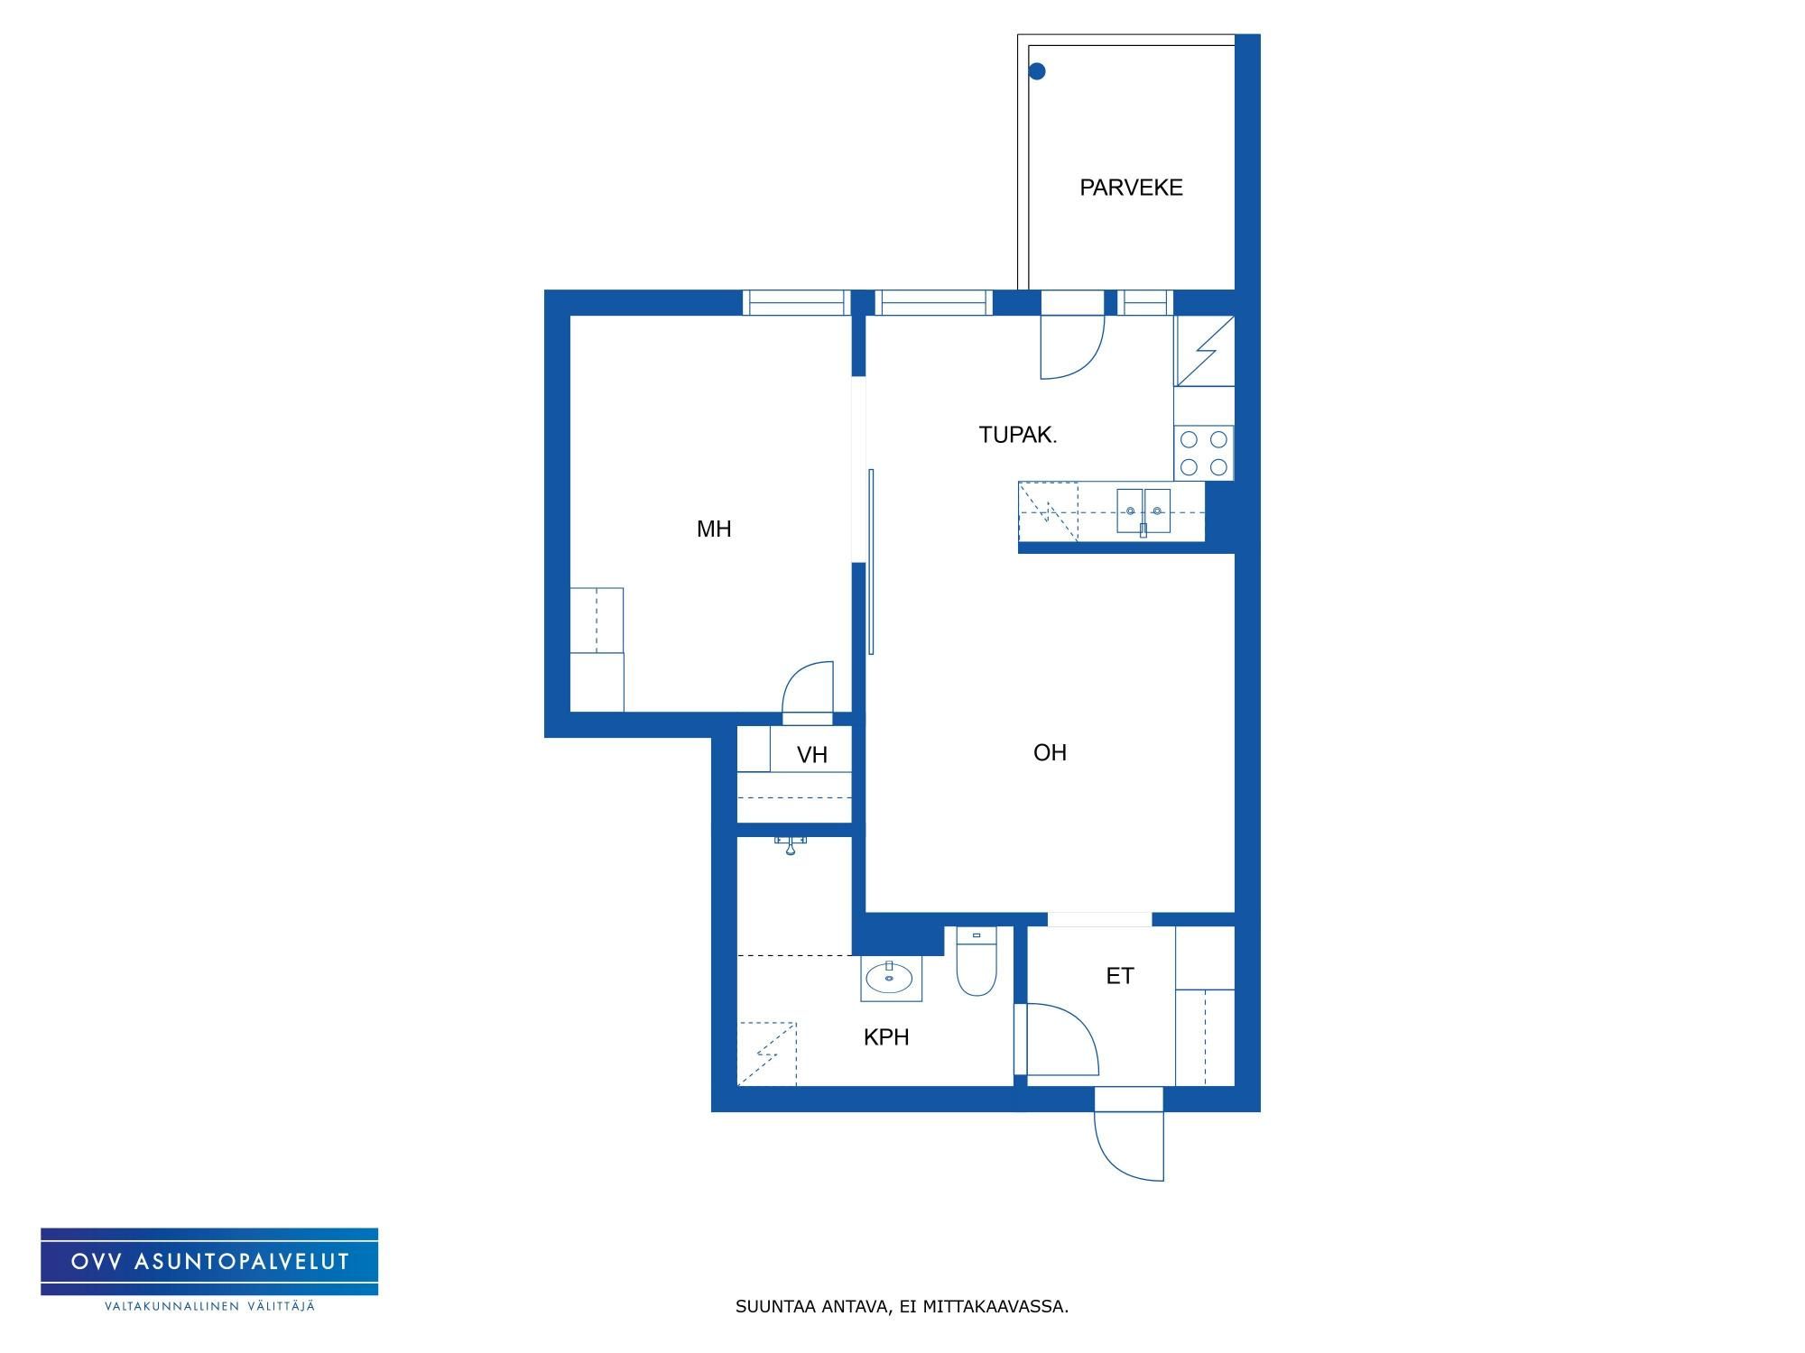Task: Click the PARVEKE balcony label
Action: click(1131, 188)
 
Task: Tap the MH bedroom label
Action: click(714, 529)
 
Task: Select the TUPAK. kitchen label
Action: click(1018, 435)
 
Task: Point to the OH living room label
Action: click(1050, 752)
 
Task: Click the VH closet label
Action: click(812, 755)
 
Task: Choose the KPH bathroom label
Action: click(886, 1037)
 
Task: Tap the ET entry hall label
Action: click(1120, 976)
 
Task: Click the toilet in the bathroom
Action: click(976, 962)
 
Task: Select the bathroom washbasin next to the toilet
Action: click(891, 979)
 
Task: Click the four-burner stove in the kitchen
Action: click(1204, 453)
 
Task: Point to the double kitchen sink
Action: click(1143, 511)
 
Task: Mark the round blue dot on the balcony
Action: click(1037, 71)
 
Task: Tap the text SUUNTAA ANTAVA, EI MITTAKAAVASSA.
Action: click(902, 1306)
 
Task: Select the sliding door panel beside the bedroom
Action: click(871, 561)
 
